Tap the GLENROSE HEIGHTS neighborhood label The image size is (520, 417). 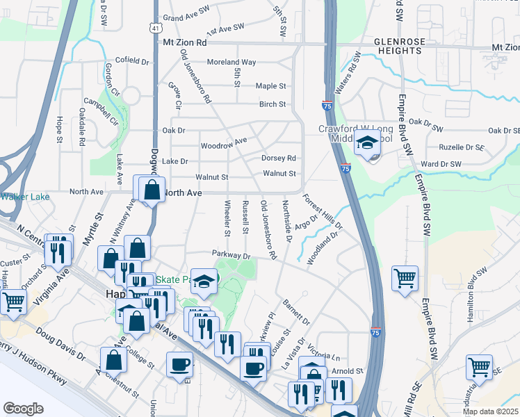pos(399,47)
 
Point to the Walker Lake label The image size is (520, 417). pos(24,197)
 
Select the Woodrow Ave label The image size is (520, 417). pos(223,144)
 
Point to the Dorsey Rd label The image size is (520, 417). pos(279,158)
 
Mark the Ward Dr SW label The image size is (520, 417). pos(441,164)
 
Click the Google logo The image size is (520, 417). pos(23,409)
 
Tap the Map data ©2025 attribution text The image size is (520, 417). pos(489,411)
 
